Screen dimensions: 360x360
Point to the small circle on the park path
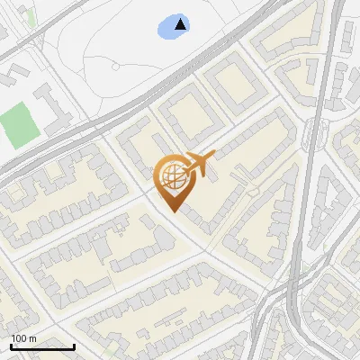pos(115,66)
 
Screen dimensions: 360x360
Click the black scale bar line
pos(42,346)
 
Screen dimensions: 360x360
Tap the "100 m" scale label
pos(23,338)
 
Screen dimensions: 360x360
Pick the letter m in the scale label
pos(32,338)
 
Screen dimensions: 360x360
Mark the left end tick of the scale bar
pos(11,345)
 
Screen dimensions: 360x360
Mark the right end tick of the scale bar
pos(74,345)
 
